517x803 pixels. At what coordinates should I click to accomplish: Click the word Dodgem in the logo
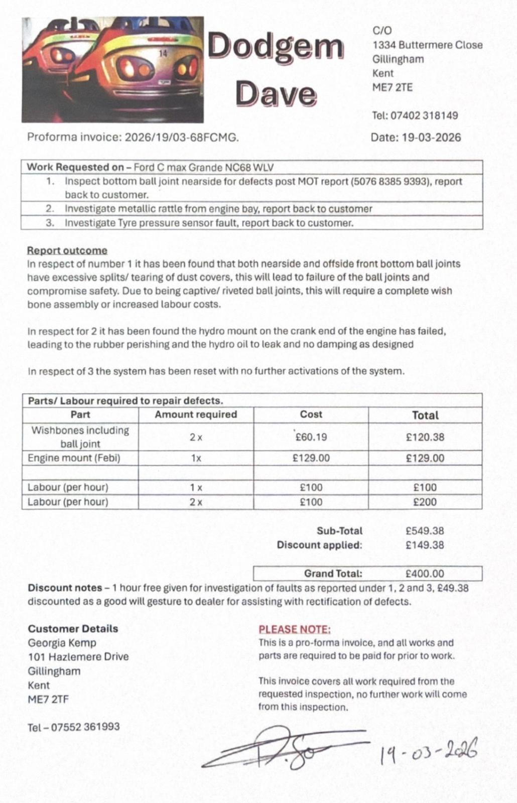[x=276, y=47]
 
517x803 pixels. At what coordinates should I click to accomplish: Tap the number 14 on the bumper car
[x=163, y=53]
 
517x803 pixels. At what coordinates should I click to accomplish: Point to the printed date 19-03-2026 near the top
[x=432, y=138]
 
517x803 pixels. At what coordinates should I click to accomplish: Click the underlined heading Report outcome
[x=67, y=250]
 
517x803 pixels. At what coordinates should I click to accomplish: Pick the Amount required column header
[x=196, y=415]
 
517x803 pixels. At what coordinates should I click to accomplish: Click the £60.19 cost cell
[x=311, y=437]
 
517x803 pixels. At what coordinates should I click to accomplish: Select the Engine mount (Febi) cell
[x=74, y=458]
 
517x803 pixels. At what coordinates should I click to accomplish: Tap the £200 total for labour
[x=425, y=502]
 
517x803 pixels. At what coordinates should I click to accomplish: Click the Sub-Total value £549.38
[x=425, y=530]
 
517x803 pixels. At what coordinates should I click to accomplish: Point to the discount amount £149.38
[x=425, y=545]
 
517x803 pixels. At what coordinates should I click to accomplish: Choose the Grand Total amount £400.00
[x=425, y=574]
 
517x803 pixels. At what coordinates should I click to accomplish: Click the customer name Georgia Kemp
[x=62, y=643]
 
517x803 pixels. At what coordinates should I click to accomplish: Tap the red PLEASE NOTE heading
[x=295, y=629]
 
